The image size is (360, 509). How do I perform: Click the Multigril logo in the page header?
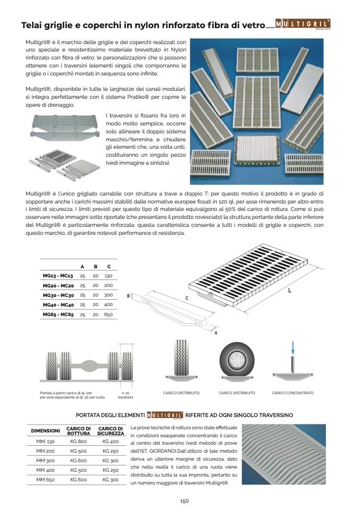coord(303,24)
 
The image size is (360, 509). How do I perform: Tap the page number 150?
coord(184,501)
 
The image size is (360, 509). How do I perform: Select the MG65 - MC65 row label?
coord(58,314)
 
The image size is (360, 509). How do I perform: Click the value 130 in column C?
coord(108,276)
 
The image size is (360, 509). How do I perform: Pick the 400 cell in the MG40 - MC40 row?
coord(108,304)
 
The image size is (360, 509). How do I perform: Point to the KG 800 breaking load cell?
coord(78,441)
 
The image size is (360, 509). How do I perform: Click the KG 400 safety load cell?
coord(111,441)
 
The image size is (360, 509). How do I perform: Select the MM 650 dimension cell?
coord(46,479)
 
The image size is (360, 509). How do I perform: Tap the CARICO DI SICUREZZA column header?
coord(111,431)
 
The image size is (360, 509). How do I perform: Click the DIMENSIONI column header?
coord(46,431)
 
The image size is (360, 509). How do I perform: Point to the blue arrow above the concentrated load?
coord(293,347)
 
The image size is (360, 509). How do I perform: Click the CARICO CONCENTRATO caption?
coord(292,393)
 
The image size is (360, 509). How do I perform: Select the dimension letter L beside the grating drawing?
coord(289,290)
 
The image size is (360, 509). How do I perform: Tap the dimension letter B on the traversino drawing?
coord(128,296)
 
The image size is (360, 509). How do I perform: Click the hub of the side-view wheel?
coord(236,360)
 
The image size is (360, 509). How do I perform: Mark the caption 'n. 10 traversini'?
coord(125,395)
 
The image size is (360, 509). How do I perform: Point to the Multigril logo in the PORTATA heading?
coord(165,415)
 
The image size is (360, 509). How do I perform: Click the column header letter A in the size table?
coord(82,267)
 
